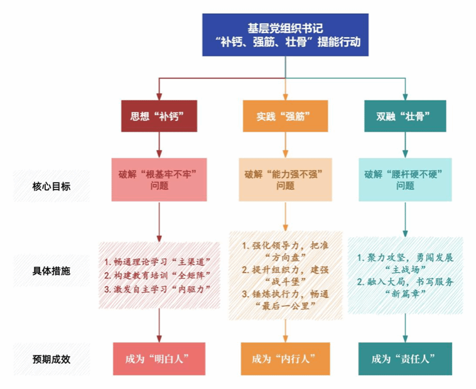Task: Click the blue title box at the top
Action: tap(286, 35)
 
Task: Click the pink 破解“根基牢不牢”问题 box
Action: tap(159, 179)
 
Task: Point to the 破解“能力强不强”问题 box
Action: tap(285, 179)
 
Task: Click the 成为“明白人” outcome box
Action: tap(159, 359)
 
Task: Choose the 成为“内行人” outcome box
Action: tap(284, 359)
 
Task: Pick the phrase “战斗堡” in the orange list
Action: tap(284, 281)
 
